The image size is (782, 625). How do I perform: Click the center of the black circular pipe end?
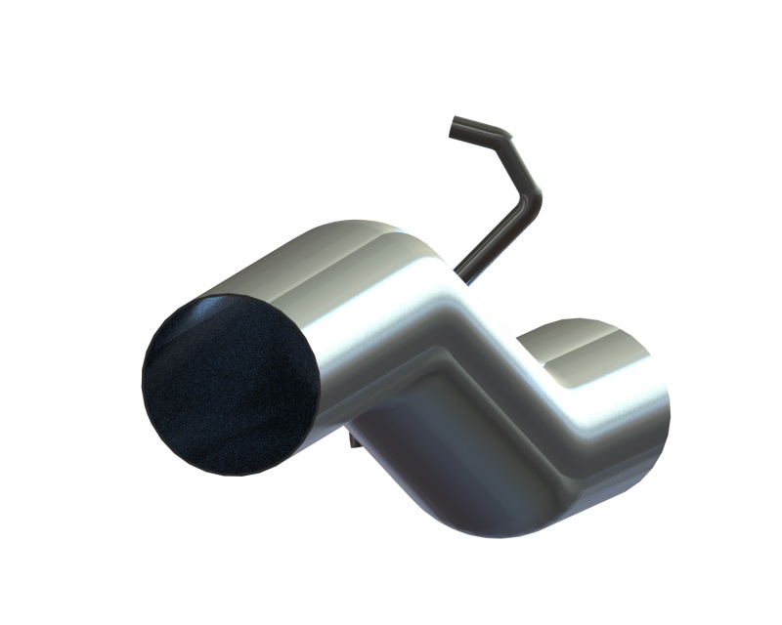coord(231,385)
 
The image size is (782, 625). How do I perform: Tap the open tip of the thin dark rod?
coord(455,126)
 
